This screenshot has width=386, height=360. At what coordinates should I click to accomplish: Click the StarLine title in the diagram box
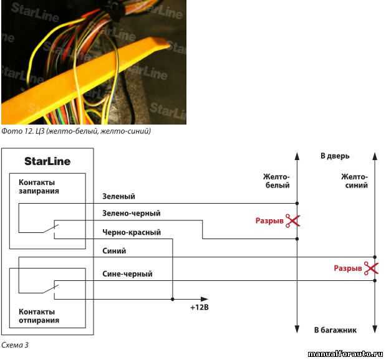pyautogui.click(x=47, y=161)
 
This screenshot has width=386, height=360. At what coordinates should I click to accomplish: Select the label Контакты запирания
pyautogui.click(x=39, y=187)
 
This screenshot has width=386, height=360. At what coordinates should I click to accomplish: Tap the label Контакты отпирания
pyautogui.click(x=39, y=316)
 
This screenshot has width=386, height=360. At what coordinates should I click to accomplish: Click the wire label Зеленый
pyautogui.click(x=118, y=197)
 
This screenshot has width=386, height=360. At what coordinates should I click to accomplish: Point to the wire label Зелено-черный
pyautogui.click(x=131, y=214)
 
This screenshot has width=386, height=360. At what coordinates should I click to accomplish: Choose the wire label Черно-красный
pyautogui.click(x=131, y=232)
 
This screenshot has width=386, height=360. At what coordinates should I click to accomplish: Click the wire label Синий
pyautogui.click(x=114, y=251)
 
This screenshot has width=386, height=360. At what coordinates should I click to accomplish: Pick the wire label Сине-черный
pyautogui.click(x=127, y=273)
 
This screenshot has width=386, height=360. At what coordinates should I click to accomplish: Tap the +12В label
pyautogui.click(x=199, y=307)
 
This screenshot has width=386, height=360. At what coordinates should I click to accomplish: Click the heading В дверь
pyautogui.click(x=335, y=156)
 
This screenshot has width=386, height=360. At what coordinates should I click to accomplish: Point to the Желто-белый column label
pyautogui.click(x=276, y=181)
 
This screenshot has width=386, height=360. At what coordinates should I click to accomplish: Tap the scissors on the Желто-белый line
pyautogui.click(x=292, y=220)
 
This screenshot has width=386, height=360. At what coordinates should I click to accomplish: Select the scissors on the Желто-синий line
pyautogui.click(x=371, y=268)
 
